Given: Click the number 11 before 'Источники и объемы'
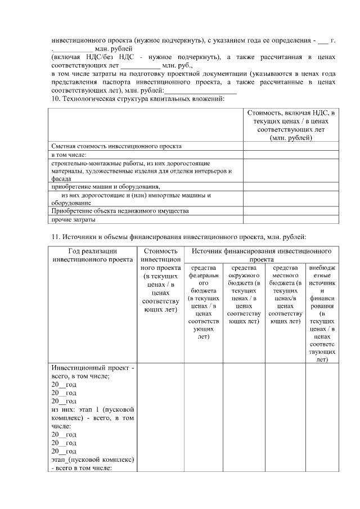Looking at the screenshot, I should pos(55,236).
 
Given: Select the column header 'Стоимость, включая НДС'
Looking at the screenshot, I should pos(291,125).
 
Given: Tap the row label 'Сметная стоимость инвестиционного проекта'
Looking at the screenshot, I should pos(116,146).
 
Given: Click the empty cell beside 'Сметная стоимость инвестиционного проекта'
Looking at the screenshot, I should pos(291,146).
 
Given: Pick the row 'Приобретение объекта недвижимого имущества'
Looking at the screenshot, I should pos(120,211).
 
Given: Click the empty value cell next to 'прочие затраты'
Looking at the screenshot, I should pos(291,219).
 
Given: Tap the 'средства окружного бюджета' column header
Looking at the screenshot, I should pos(244,294).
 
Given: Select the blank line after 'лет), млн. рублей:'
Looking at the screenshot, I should pos(200,92).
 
